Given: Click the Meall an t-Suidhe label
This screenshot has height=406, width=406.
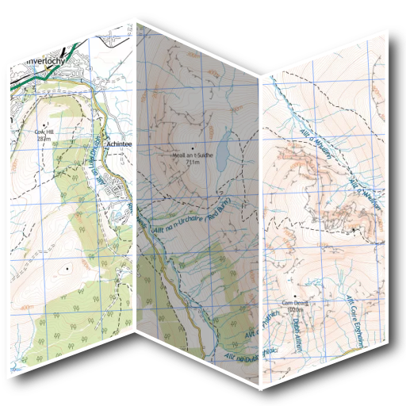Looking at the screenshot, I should (191, 155).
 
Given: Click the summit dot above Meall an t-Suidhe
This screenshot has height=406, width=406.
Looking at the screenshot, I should (191, 149).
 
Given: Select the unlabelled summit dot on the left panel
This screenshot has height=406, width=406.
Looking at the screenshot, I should (68, 268).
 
